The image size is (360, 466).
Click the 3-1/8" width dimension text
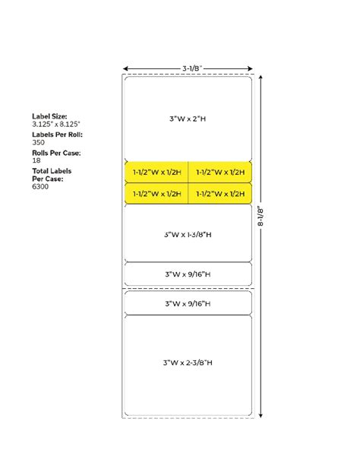pos(191,67)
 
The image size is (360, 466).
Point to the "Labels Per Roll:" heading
pos(58,134)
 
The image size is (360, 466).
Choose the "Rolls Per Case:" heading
pos(56,153)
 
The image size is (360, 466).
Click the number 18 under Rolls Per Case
pos(36,161)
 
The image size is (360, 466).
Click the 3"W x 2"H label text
pos(188,119)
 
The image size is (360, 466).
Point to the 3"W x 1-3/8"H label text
pos(188,234)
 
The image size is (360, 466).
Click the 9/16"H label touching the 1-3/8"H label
pos(188,274)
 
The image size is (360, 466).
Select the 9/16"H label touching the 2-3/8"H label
pos(188,303)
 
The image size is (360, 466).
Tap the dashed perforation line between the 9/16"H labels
pos(188,288)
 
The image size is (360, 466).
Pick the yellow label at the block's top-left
pos(156,172)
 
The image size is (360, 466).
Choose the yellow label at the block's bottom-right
pos(220,194)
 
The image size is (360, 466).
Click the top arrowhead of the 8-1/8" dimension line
pos(261,77)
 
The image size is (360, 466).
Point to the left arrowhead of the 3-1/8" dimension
pos(125,68)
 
